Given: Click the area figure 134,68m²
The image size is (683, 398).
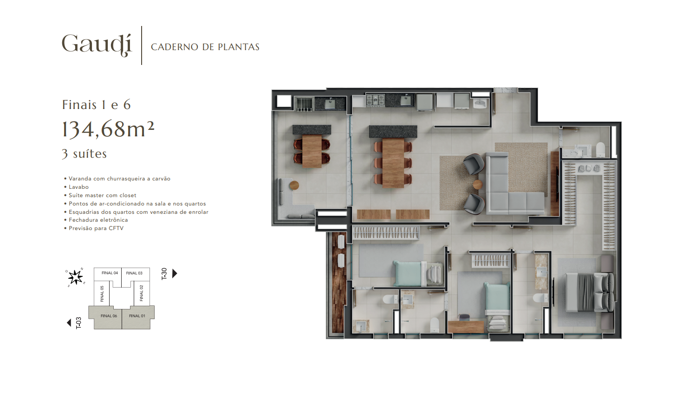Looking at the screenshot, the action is tap(108, 129).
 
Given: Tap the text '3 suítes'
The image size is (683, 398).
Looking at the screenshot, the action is tap(85, 154).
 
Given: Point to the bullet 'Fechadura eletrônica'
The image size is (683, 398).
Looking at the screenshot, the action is tap(96, 220).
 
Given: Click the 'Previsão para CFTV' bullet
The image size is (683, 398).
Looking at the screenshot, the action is tap(94, 228).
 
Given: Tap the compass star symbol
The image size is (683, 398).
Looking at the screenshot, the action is tap(75, 277).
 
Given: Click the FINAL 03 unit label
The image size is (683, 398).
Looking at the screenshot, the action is tap(134, 273).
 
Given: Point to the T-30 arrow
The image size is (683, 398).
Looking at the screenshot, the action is tap(175, 273).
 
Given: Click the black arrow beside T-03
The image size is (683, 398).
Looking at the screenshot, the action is tap(69, 322).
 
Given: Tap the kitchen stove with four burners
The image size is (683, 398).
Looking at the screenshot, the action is tap(375, 100).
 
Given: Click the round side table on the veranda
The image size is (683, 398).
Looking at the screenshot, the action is tap(294, 185).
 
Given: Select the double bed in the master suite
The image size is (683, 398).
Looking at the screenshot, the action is tap(590, 292).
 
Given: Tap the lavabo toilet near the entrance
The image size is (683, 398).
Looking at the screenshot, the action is tap(600, 149).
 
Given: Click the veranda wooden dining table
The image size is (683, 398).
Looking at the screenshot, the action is tap(312, 151).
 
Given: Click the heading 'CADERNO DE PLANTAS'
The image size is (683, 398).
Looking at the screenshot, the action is tap(205, 47).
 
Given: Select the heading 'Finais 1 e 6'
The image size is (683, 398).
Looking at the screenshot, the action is tap(97, 105).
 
